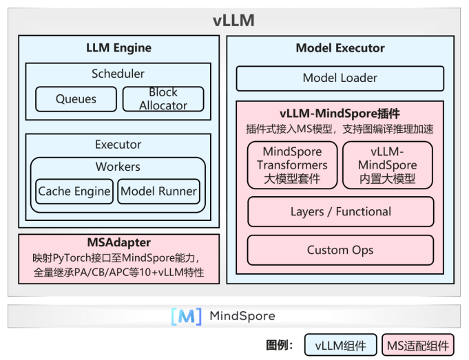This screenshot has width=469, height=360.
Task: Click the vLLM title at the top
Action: (233, 21)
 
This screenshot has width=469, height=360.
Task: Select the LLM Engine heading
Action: (118, 48)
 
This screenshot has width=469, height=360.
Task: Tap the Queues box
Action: (76, 99)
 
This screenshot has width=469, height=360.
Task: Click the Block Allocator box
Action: (163, 99)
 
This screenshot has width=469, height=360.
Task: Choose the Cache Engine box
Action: (74, 191)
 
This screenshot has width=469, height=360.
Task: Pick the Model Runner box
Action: (158, 191)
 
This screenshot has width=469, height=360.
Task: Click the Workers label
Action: (118, 167)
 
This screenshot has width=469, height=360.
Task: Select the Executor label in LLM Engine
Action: (118, 145)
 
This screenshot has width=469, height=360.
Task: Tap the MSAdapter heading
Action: (118, 243)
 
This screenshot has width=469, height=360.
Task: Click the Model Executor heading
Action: (340, 48)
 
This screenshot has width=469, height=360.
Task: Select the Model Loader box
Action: (340, 78)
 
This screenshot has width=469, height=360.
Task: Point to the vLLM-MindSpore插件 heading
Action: (340, 113)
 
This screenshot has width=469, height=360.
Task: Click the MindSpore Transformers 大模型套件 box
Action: (293, 165)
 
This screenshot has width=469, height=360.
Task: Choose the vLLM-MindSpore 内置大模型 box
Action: (388, 165)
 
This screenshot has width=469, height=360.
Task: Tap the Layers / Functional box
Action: (340, 212)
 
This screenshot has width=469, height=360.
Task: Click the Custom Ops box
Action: (340, 250)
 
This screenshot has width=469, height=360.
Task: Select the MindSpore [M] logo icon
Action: (186, 317)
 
